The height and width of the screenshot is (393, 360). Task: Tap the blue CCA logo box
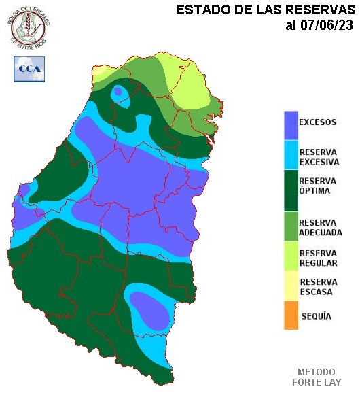click(29, 69)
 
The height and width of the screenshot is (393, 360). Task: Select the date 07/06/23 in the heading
click(327, 26)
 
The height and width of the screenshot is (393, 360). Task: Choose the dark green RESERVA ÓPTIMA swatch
click(291, 190)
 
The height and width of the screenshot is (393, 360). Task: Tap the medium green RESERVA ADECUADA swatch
click(291, 227)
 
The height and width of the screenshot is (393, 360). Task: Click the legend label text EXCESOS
click(318, 123)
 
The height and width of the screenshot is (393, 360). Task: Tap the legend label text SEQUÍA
click(315, 317)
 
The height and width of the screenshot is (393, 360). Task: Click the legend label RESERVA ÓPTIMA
click(318, 186)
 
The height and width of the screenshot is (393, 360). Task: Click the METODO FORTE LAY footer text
click(317, 377)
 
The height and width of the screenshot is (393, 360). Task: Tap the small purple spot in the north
click(118, 91)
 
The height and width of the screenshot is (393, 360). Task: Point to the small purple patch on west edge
click(24, 190)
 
